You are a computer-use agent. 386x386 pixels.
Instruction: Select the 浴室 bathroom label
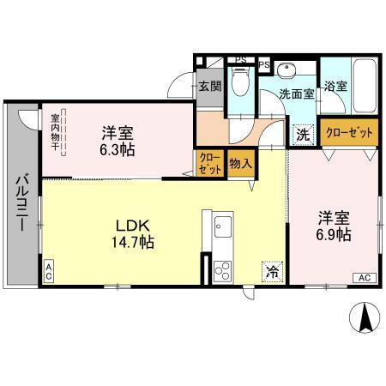335,87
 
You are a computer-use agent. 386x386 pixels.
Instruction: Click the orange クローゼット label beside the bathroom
347,133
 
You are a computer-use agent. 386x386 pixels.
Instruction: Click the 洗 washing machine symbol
303,134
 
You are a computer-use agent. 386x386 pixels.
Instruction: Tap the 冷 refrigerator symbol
271,273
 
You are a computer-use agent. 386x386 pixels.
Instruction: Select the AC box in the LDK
49,273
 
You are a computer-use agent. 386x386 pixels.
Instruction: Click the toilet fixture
242,84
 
